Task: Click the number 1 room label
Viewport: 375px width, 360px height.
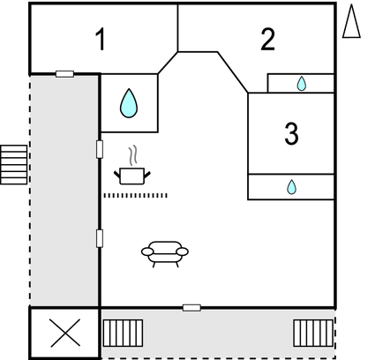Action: click(101, 40)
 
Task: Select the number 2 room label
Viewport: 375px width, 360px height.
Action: click(267, 40)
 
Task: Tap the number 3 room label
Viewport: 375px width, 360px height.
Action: click(291, 133)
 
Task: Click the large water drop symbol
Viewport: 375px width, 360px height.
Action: click(129, 103)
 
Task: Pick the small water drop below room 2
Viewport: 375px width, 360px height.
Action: click(302, 84)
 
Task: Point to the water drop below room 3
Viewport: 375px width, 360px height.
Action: click(291, 187)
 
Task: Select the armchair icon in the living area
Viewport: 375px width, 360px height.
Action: click(165, 254)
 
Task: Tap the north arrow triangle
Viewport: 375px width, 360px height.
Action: click(351, 21)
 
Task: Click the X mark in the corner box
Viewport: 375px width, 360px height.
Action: click(65, 333)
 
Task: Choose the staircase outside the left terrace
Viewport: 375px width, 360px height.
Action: click(13, 165)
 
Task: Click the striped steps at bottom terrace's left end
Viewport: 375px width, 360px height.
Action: click(123, 334)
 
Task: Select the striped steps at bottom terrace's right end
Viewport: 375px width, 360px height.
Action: click(313, 334)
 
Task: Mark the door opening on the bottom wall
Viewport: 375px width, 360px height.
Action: click(191, 308)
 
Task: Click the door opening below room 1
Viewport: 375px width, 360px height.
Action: click(64, 74)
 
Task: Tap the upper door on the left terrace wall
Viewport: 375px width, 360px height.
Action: click(100, 149)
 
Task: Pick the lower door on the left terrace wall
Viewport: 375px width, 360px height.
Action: click(100, 238)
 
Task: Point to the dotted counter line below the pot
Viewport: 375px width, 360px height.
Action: click(136, 195)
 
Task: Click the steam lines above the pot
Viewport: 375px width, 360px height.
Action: click(133, 154)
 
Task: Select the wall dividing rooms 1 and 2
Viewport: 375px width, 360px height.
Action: click(177, 28)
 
